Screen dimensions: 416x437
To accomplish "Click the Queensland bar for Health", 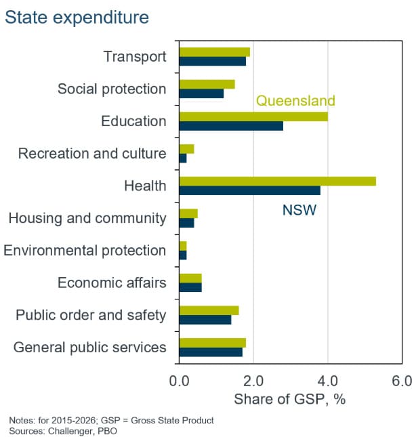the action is point(278,182).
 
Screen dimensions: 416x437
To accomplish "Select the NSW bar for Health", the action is point(249,190).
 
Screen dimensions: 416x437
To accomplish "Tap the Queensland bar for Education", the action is point(253,117).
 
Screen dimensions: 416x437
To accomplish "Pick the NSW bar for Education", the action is point(231,126).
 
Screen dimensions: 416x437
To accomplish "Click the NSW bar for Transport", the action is point(213,61).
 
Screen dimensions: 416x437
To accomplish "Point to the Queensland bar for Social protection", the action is point(207,85).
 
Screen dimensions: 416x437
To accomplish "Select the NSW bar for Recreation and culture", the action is point(183,158).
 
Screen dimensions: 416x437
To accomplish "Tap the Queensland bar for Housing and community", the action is point(188,214).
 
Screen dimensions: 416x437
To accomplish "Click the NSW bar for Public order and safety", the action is point(205,320).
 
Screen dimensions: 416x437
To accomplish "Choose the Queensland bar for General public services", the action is point(213,343).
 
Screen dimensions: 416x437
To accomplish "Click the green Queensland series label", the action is point(295,100).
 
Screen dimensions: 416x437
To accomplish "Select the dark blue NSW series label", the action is point(299,210).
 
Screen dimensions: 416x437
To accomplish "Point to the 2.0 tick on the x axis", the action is point(253,381).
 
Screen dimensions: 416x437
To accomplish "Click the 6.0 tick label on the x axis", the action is point(402,381).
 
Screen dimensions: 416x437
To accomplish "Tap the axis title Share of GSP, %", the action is point(290,399).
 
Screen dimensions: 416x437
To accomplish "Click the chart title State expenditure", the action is point(77,18).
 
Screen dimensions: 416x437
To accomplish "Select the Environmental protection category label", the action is point(85,251).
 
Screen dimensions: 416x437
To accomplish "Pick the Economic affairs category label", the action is point(112,283).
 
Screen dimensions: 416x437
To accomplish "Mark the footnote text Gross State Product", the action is point(172,420).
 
